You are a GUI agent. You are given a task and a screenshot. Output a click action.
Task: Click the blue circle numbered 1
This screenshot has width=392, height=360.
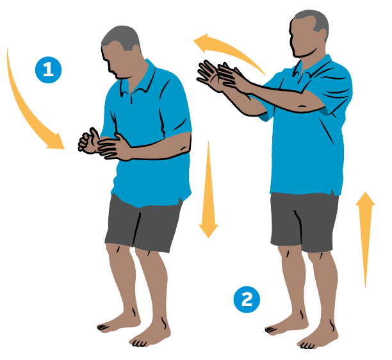(48, 70)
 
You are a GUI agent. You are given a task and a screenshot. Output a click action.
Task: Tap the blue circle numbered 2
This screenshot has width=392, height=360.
(247, 300)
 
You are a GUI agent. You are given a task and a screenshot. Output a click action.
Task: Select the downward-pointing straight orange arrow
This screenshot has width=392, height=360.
(208, 190)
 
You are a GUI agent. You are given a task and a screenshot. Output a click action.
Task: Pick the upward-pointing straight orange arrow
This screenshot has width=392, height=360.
(365, 240)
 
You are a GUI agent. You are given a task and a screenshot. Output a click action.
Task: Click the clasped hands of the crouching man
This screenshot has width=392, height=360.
(104, 145)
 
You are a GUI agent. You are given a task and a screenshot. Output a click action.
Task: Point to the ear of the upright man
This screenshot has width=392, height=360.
(322, 35)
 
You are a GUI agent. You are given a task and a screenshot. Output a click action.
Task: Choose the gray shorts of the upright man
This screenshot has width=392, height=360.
(304, 221)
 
